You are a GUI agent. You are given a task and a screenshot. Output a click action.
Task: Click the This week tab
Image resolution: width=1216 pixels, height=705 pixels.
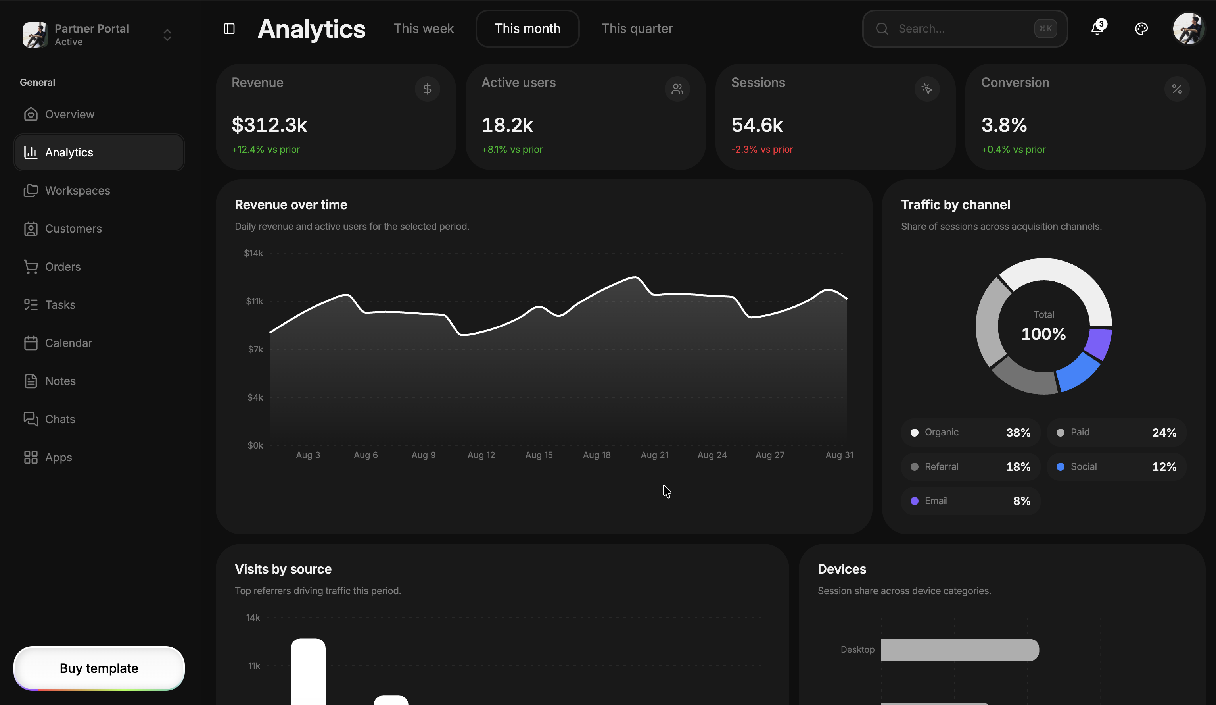424,29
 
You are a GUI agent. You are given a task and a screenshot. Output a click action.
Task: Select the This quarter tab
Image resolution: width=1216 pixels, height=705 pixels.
637,29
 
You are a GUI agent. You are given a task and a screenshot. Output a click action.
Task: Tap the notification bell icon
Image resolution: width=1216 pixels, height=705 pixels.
1098,28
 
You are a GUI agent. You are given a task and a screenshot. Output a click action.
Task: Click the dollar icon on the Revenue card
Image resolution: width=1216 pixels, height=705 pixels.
427,89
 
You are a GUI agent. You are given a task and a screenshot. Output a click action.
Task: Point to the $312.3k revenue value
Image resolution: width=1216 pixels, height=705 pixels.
269,125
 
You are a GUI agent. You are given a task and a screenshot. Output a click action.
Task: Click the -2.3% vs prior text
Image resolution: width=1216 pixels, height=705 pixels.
762,150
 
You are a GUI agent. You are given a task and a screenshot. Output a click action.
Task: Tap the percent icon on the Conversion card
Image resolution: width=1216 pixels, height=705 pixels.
1176,89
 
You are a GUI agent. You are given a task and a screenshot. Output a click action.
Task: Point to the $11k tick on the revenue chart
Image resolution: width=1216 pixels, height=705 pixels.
254,301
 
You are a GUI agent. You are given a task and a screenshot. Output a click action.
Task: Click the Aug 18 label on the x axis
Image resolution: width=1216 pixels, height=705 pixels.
596,455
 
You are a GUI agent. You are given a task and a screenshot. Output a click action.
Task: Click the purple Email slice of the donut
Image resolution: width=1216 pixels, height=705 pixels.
1100,343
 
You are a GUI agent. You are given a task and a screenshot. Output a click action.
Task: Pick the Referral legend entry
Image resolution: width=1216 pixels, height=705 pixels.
970,466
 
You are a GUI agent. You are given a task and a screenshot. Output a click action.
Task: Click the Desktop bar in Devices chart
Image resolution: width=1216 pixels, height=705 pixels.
960,650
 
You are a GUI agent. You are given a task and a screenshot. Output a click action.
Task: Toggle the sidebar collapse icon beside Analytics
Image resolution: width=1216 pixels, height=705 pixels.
229,29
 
